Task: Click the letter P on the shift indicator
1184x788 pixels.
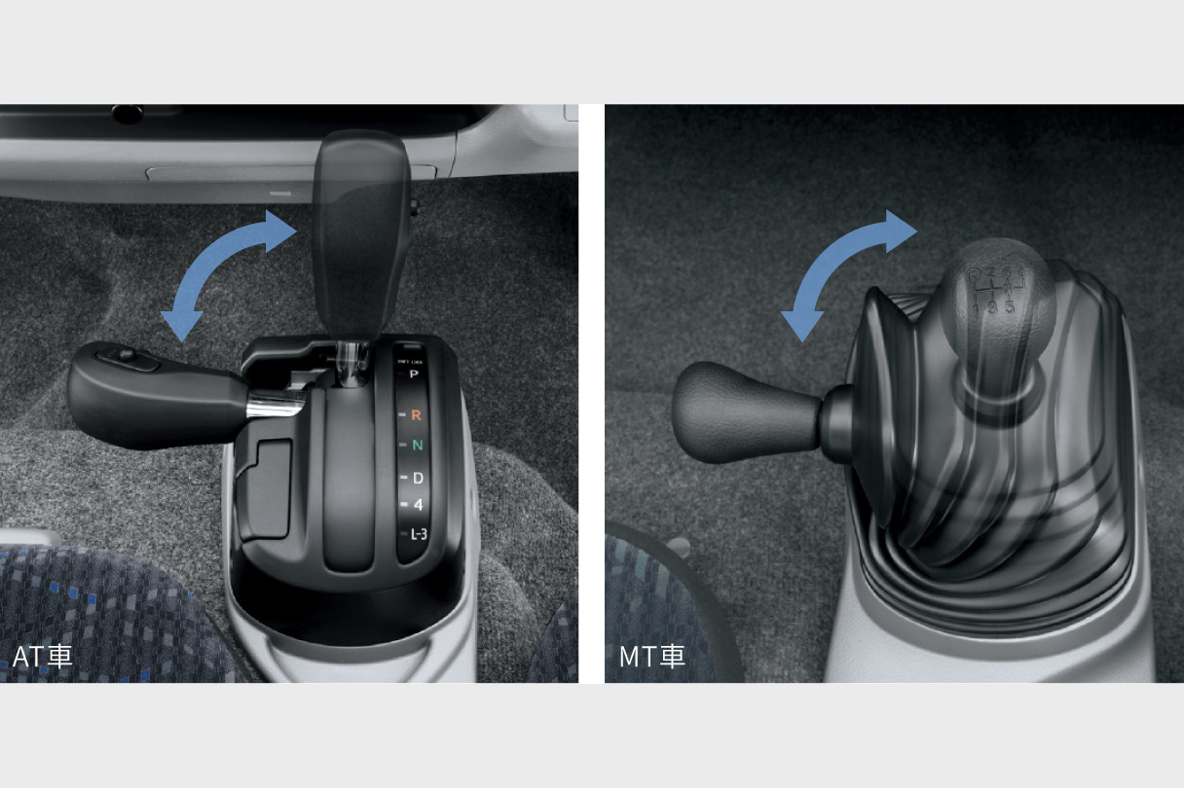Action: coord(414,374)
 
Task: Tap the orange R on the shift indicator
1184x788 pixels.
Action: coord(417,414)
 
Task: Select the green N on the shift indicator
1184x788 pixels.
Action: coord(417,446)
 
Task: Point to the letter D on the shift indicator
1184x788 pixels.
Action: coord(418,478)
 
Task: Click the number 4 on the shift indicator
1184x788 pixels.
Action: coord(418,505)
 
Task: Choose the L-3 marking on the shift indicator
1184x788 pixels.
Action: coord(419,533)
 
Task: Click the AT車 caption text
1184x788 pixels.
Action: coord(42,656)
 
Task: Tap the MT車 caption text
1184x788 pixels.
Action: coord(651,656)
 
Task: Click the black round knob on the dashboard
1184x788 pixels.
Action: coord(127,114)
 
